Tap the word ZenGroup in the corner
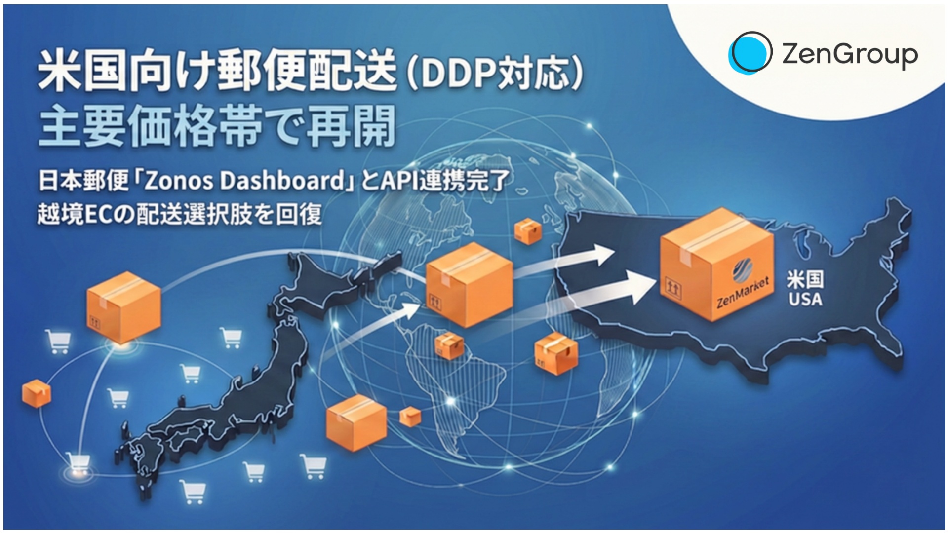pos(850,54)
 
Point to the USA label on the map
pos(805,299)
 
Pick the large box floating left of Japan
pos(124,306)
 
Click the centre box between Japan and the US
pos(469,285)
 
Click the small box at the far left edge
pos(37,393)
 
